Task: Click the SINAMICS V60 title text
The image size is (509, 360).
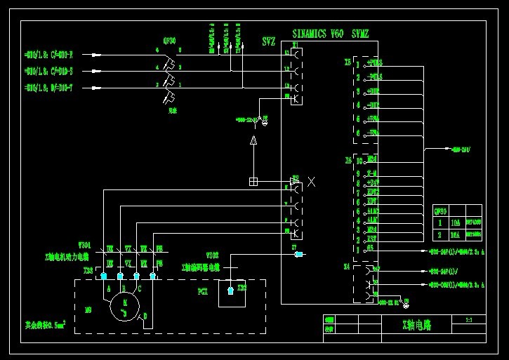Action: point(317,34)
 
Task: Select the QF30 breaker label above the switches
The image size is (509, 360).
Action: point(169,41)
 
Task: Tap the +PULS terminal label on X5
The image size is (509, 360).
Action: point(375,64)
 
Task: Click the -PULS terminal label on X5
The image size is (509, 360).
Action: point(375,77)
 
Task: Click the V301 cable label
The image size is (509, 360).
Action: point(84,246)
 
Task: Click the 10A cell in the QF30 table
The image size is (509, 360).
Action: point(454,220)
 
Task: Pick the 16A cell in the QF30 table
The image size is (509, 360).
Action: point(454,234)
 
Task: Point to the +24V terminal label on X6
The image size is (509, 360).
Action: point(373,182)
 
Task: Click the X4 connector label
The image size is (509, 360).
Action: point(347,267)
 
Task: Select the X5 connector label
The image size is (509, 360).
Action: point(347,62)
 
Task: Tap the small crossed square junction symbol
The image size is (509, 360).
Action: point(253,182)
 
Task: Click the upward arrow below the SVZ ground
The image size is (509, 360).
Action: point(254,143)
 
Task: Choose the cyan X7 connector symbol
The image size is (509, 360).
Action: point(299,253)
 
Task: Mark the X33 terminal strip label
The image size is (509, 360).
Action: point(88,269)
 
